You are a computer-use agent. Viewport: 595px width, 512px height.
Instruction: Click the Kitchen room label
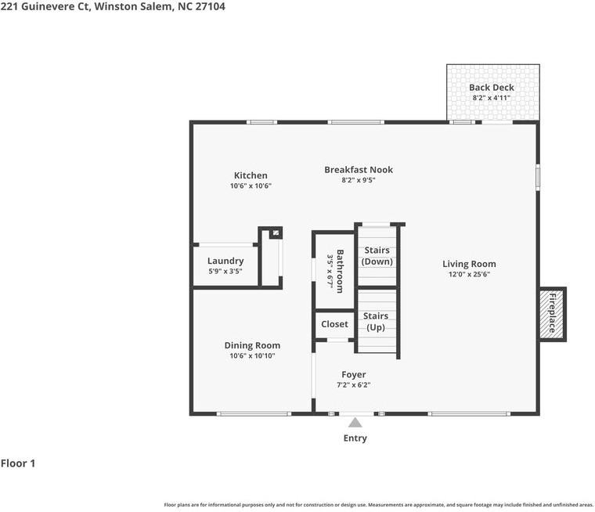251,175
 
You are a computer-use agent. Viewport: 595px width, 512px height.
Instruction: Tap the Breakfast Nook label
359,170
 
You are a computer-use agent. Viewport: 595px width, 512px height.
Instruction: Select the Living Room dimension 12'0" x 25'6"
469,274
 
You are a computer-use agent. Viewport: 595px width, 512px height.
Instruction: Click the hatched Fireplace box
553,314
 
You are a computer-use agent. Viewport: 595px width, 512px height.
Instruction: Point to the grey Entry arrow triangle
355,423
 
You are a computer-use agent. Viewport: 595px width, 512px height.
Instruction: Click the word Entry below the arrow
355,438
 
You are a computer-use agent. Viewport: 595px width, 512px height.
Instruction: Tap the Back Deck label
492,88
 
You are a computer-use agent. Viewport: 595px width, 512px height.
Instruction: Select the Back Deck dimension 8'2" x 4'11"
492,98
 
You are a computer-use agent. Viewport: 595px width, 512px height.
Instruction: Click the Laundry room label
225,261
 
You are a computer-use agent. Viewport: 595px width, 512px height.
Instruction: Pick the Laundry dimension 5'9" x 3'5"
225,271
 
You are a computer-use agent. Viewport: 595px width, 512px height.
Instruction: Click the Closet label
334,324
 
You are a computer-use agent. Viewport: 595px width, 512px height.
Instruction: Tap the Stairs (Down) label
377,256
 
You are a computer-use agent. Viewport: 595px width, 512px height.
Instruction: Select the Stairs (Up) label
376,322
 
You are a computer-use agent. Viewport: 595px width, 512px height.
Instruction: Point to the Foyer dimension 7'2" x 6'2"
354,385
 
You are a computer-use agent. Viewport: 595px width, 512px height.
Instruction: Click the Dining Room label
252,345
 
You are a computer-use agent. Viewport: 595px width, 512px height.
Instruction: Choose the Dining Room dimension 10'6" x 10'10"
252,355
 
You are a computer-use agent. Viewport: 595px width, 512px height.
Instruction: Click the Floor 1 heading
18,463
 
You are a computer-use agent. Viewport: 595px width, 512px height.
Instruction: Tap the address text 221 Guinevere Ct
45,6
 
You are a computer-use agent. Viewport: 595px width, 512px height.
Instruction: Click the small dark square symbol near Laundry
276,233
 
